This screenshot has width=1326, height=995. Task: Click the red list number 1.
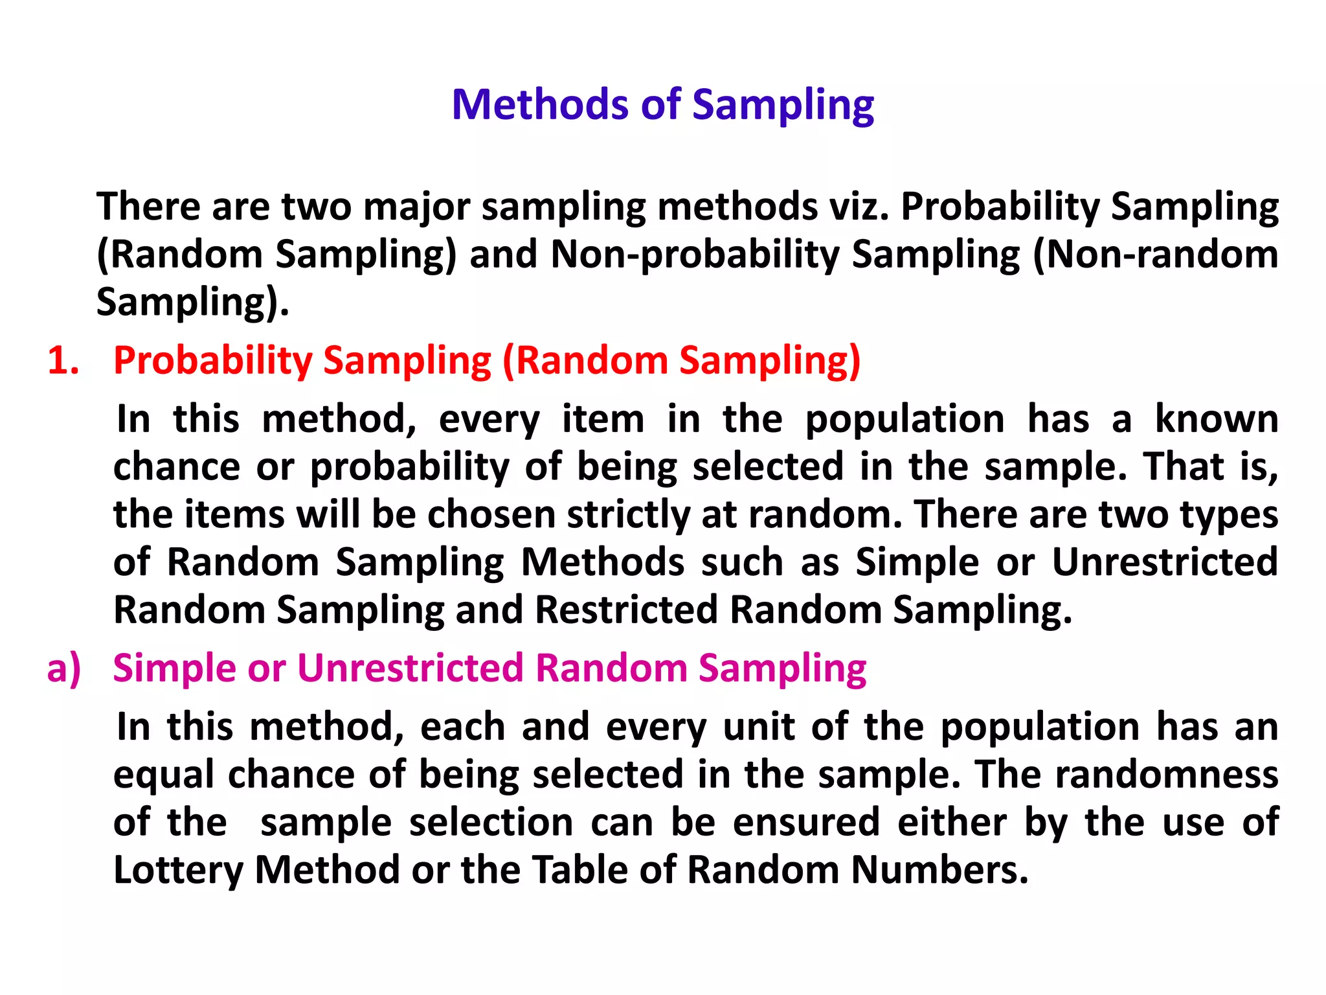tap(63, 360)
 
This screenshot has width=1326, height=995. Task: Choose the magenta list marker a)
tap(64, 668)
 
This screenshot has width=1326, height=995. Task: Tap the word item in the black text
tap(603, 419)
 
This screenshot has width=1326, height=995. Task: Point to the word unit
tap(758, 727)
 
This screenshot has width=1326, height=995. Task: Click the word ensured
tap(806, 822)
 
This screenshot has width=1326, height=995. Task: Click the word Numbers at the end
tap(939, 869)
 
